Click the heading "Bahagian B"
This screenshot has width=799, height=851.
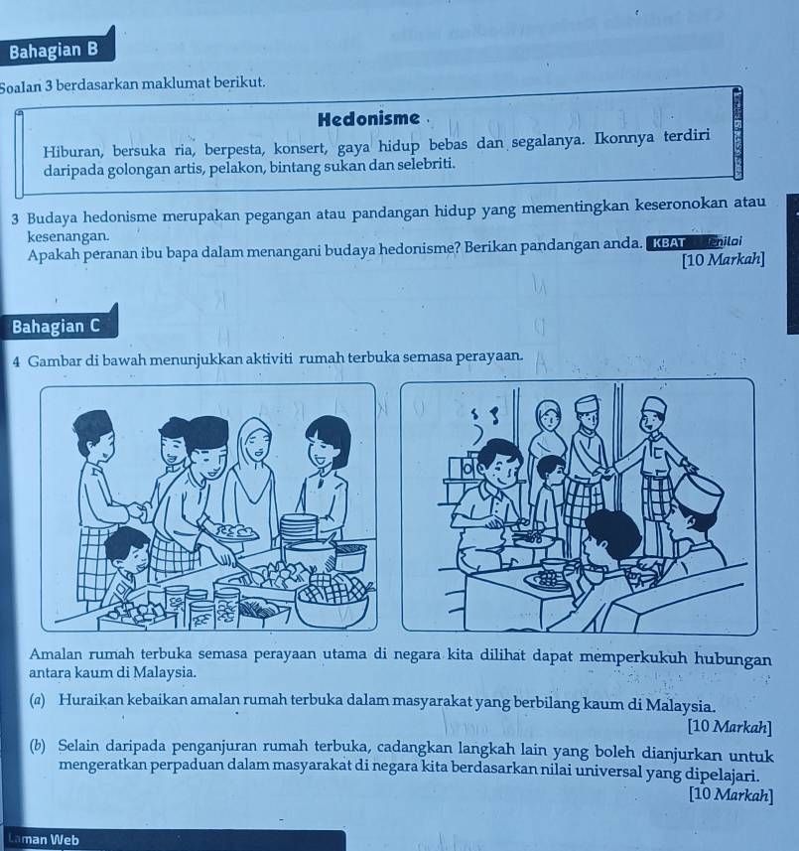[54, 51]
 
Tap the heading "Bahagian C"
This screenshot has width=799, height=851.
[56, 326]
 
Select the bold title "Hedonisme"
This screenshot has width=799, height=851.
[369, 118]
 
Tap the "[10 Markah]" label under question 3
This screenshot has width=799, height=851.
[724, 260]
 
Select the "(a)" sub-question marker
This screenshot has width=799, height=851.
[38, 700]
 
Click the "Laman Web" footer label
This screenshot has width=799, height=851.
[44, 840]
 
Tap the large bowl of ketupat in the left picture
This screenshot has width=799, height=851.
[332, 599]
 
